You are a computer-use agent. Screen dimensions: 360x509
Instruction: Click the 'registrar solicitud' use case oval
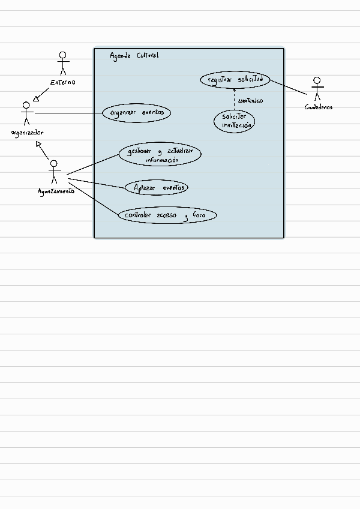(235, 80)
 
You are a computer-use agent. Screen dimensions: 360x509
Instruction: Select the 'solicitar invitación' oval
(234, 121)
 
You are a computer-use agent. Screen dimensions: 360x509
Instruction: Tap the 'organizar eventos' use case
(137, 113)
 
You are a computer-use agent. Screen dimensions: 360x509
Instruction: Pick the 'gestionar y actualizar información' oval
(160, 154)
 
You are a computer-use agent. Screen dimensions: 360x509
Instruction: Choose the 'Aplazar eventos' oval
(157, 187)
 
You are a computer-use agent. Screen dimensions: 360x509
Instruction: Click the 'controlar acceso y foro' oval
(167, 215)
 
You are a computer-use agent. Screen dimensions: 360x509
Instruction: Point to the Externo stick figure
(63, 63)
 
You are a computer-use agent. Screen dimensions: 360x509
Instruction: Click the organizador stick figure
(26, 113)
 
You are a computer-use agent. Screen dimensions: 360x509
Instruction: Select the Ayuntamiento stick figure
(54, 172)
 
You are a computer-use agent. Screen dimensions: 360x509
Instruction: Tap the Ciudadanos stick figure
(317, 89)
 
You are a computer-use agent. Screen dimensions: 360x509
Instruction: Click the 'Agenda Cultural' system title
(134, 56)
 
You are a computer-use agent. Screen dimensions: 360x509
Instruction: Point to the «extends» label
(250, 101)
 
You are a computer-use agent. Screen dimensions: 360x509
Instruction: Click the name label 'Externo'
(63, 82)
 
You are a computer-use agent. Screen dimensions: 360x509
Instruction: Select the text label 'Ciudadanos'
(319, 107)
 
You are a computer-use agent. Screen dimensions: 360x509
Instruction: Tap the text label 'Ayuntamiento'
(56, 191)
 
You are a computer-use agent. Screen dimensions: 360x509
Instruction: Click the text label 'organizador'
(27, 133)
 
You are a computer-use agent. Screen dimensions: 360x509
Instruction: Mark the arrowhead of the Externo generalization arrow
(36, 98)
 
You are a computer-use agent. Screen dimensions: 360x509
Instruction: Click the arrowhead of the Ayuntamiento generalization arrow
(38, 143)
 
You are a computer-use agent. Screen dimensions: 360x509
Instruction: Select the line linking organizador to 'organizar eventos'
(69, 113)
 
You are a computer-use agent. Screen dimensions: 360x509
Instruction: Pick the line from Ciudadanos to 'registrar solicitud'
(288, 87)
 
